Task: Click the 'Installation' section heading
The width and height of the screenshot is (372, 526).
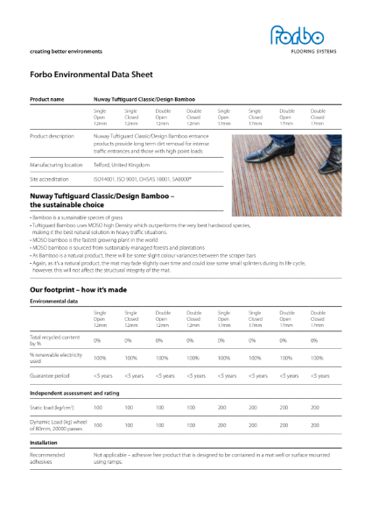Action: [44, 444]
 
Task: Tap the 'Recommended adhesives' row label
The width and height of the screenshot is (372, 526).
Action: [47, 458]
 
